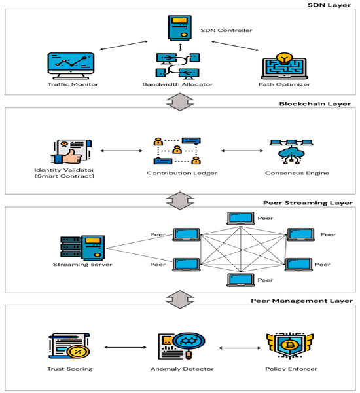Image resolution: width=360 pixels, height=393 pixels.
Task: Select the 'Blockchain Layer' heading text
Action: point(317,103)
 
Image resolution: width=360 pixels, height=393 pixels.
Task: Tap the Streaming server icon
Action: point(75,246)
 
